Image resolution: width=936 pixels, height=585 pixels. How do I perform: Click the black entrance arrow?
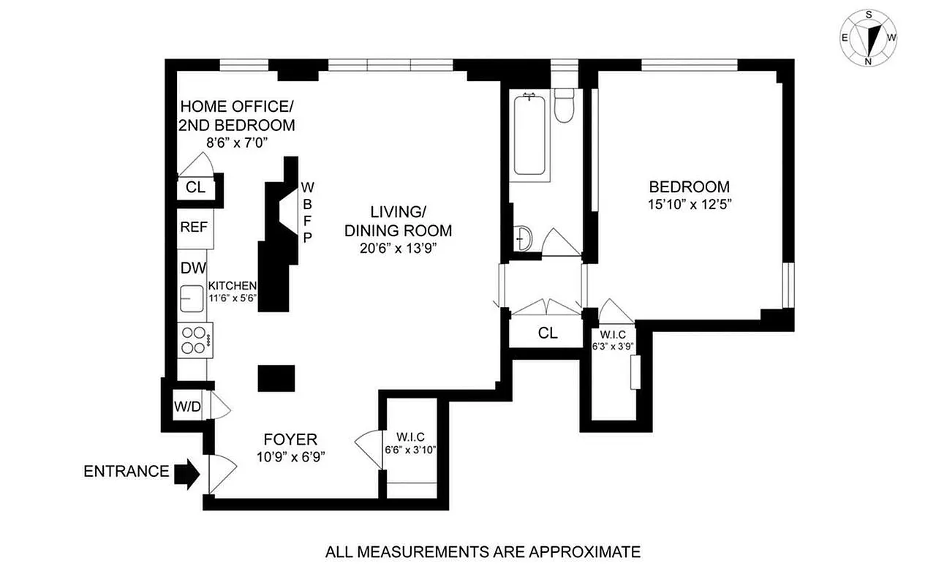[186, 473]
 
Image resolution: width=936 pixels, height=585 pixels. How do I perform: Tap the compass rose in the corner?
[869, 37]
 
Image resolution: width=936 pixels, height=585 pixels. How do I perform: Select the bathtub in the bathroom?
[529, 136]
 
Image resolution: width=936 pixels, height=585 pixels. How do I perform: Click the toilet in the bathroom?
[564, 105]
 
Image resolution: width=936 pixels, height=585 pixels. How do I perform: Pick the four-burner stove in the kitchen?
[195, 339]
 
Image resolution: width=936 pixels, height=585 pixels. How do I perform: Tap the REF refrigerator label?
[194, 227]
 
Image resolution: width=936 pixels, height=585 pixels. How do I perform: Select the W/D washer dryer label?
[186, 406]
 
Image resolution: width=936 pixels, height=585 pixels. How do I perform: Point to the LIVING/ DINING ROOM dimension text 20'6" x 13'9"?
[398, 249]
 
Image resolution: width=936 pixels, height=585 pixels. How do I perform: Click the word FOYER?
[290, 439]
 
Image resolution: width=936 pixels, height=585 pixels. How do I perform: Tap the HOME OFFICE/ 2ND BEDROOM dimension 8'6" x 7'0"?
[235, 144]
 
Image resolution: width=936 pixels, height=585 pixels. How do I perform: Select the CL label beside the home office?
[195, 186]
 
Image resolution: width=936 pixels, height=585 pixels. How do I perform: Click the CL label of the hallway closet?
[548, 333]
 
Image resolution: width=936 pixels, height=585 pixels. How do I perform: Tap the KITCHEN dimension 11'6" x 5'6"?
[233, 298]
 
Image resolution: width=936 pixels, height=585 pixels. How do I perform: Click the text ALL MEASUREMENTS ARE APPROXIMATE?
[483, 551]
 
